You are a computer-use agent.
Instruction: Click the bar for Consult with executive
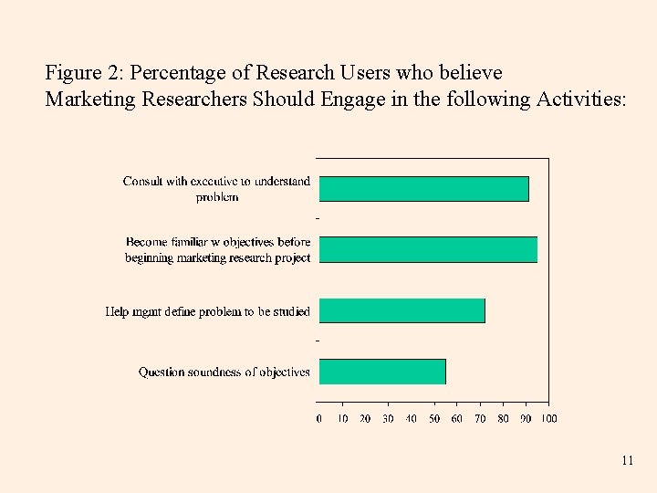point(423,188)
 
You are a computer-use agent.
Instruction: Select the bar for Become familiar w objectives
point(428,249)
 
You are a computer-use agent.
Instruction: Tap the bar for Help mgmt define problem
point(401,310)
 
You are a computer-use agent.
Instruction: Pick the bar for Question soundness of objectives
point(382,372)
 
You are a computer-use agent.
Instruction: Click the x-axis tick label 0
point(318,419)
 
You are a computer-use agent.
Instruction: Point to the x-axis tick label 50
point(434,419)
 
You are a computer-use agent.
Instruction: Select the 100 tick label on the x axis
point(549,419)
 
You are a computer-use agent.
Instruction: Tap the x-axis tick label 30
point(388,419)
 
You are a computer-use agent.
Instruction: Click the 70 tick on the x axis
point(480,419)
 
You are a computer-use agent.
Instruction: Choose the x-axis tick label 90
point(527,419)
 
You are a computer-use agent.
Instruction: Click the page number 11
point(627,461)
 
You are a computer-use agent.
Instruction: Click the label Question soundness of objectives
point(224,372)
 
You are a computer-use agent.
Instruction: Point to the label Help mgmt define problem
point(208,312)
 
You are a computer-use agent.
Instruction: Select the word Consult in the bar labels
point(144,182)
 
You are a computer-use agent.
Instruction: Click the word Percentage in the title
point(171,72)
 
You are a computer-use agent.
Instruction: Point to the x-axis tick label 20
point(365,419)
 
